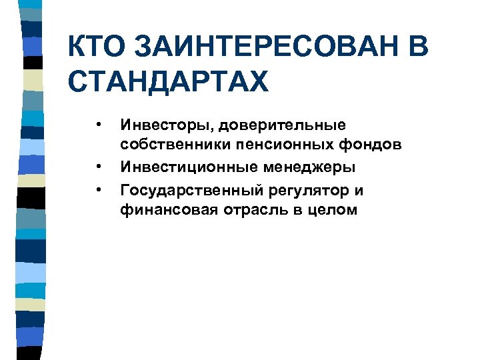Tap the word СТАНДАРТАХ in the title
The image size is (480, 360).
click(x=168, y=83)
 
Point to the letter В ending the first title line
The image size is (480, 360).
click(x=415, y=48)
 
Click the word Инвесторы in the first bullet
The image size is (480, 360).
click(x=160, y=125)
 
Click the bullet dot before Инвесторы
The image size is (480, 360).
click(x=97, y=123)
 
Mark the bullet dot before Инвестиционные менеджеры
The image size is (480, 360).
click(x=97, y=167)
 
